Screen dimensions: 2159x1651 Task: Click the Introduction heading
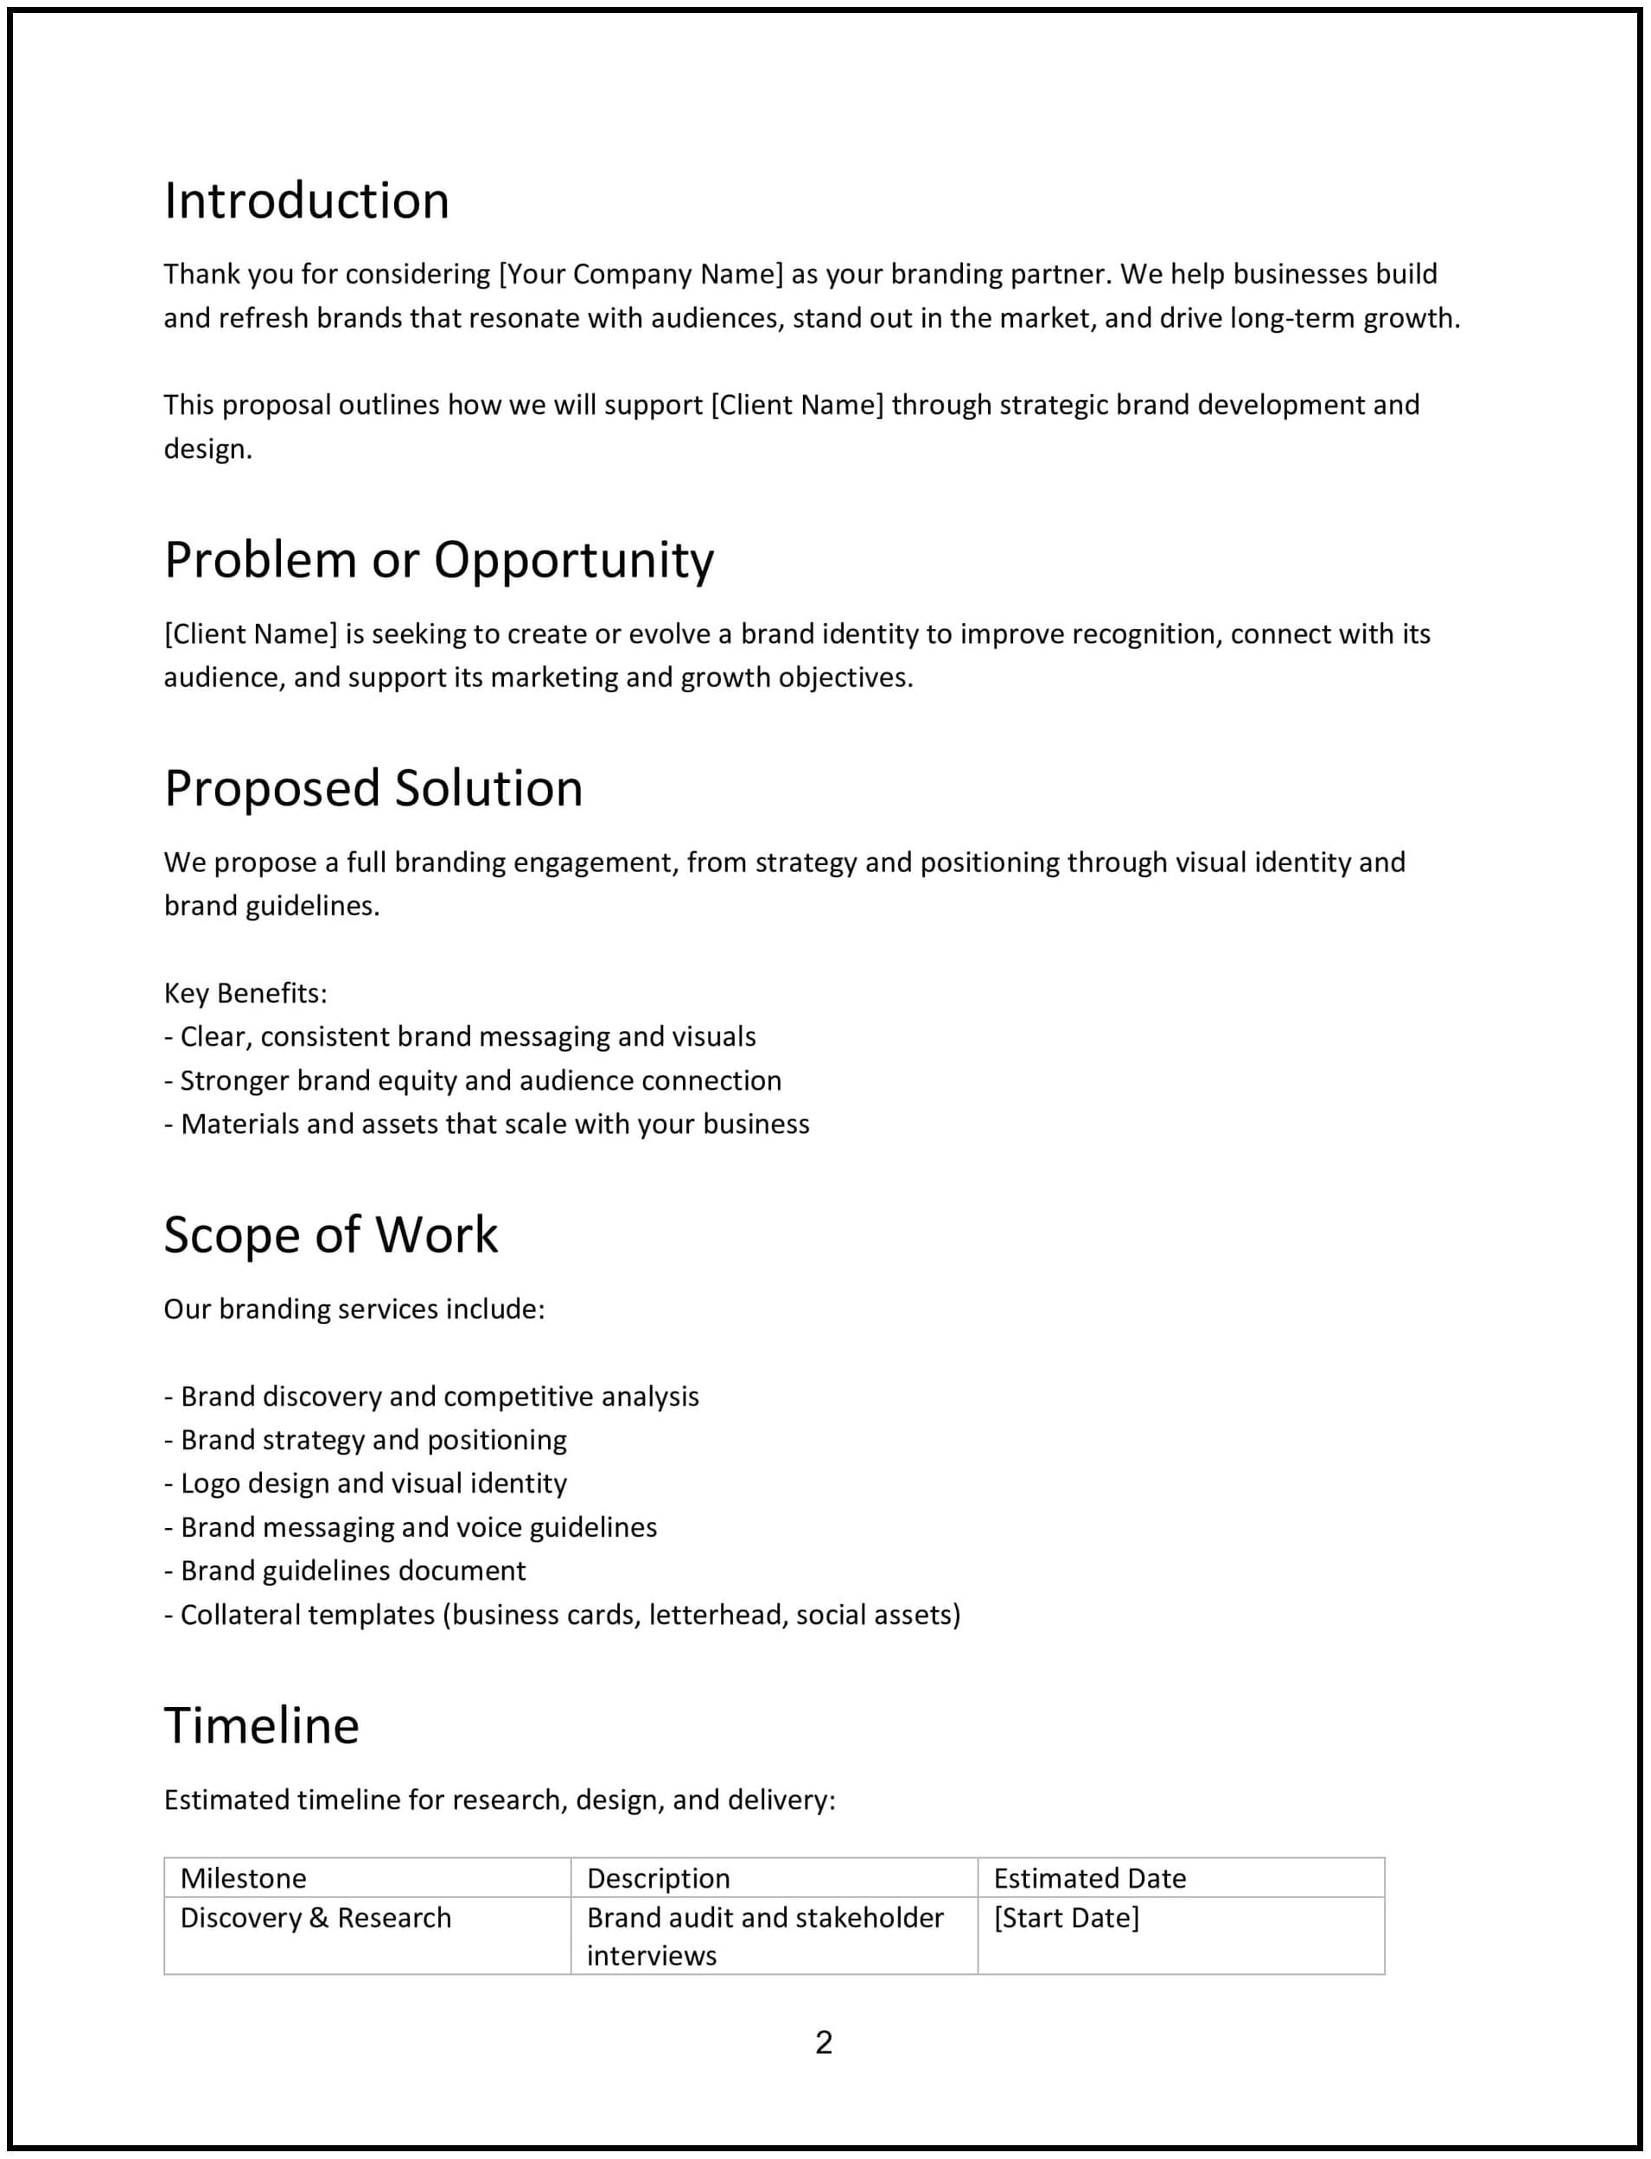coord(306,201)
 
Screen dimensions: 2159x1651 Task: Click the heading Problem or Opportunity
coord(438,560)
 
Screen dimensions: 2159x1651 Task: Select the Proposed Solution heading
coord(373,788)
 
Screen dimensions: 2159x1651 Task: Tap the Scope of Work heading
coord(330,1234)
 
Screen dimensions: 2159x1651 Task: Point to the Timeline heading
coord(261,1726)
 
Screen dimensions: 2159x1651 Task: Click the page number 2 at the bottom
coord(824,2042)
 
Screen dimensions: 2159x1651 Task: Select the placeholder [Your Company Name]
coord(641,274)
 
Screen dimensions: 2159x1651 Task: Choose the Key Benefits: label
coord(245,994)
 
